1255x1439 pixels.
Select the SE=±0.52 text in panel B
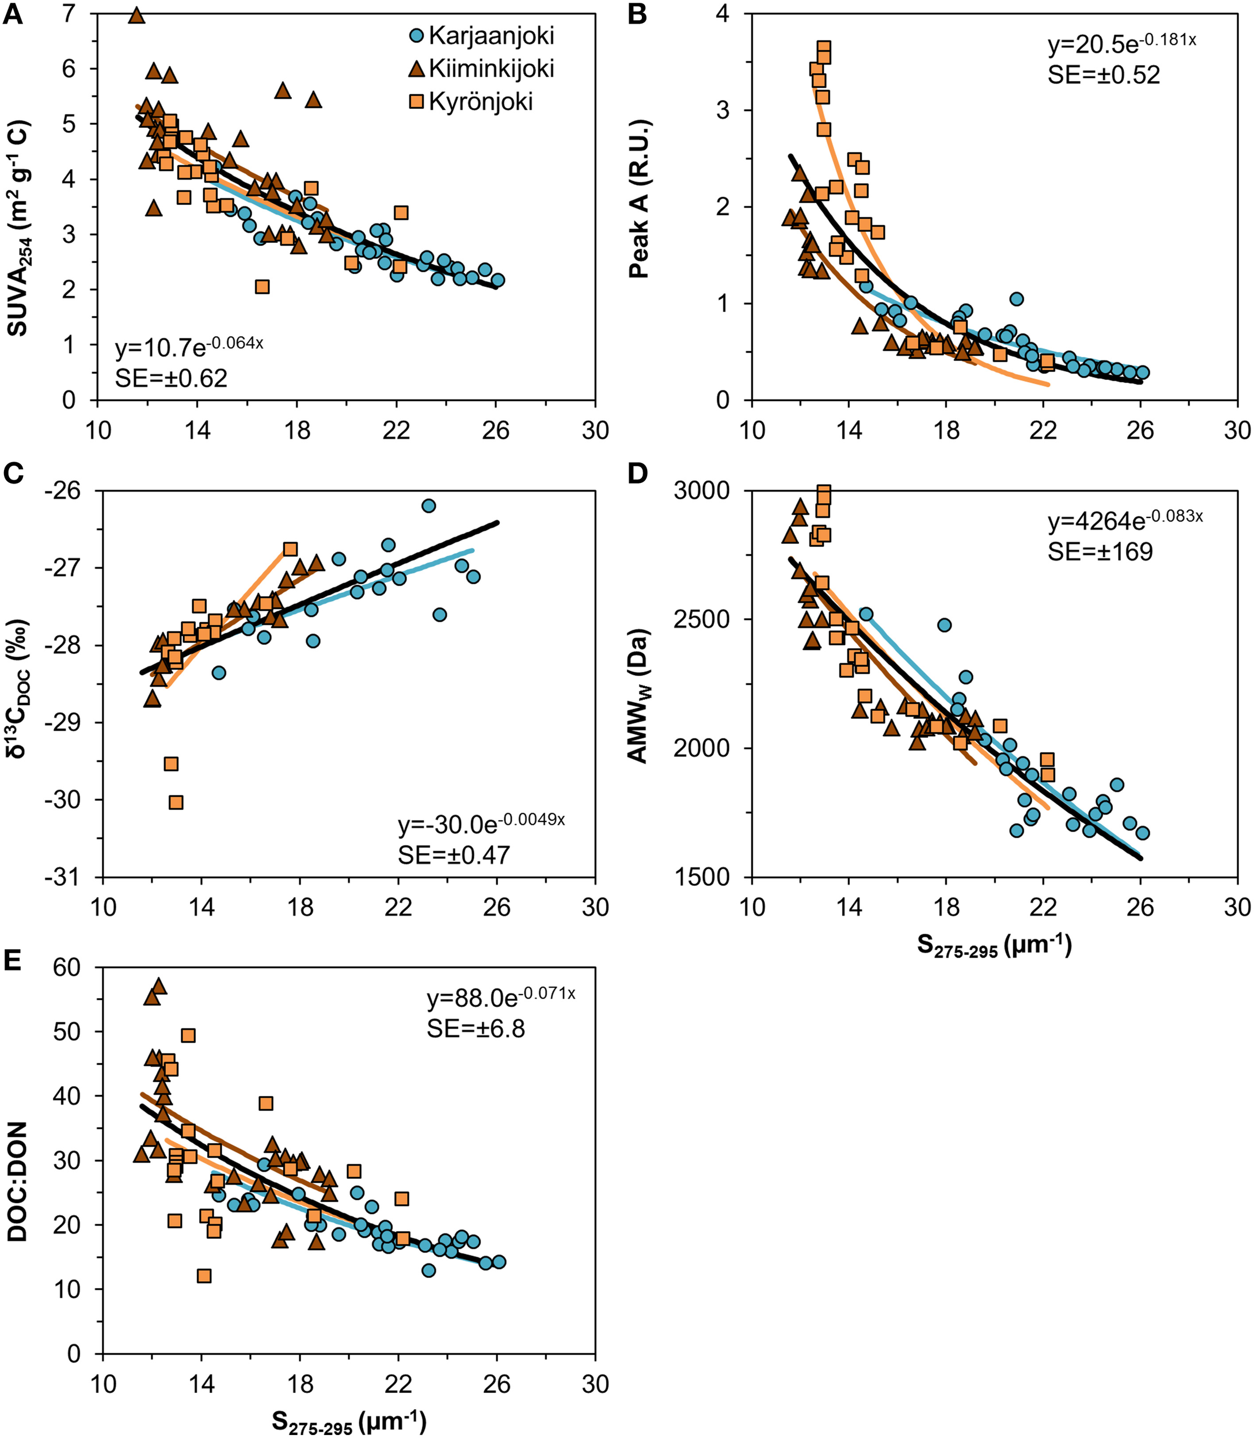(1103, 75)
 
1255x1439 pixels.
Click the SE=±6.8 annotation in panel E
(476, 1029)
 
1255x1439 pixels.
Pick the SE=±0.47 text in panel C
(454, 855)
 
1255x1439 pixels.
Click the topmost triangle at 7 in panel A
(136, 16)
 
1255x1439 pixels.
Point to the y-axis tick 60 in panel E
(69, 967)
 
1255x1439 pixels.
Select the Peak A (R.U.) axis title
(640, 200)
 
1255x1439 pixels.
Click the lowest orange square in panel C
(176, 802)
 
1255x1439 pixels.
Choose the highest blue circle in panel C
(429, 505)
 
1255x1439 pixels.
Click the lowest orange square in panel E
(204, 1276)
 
